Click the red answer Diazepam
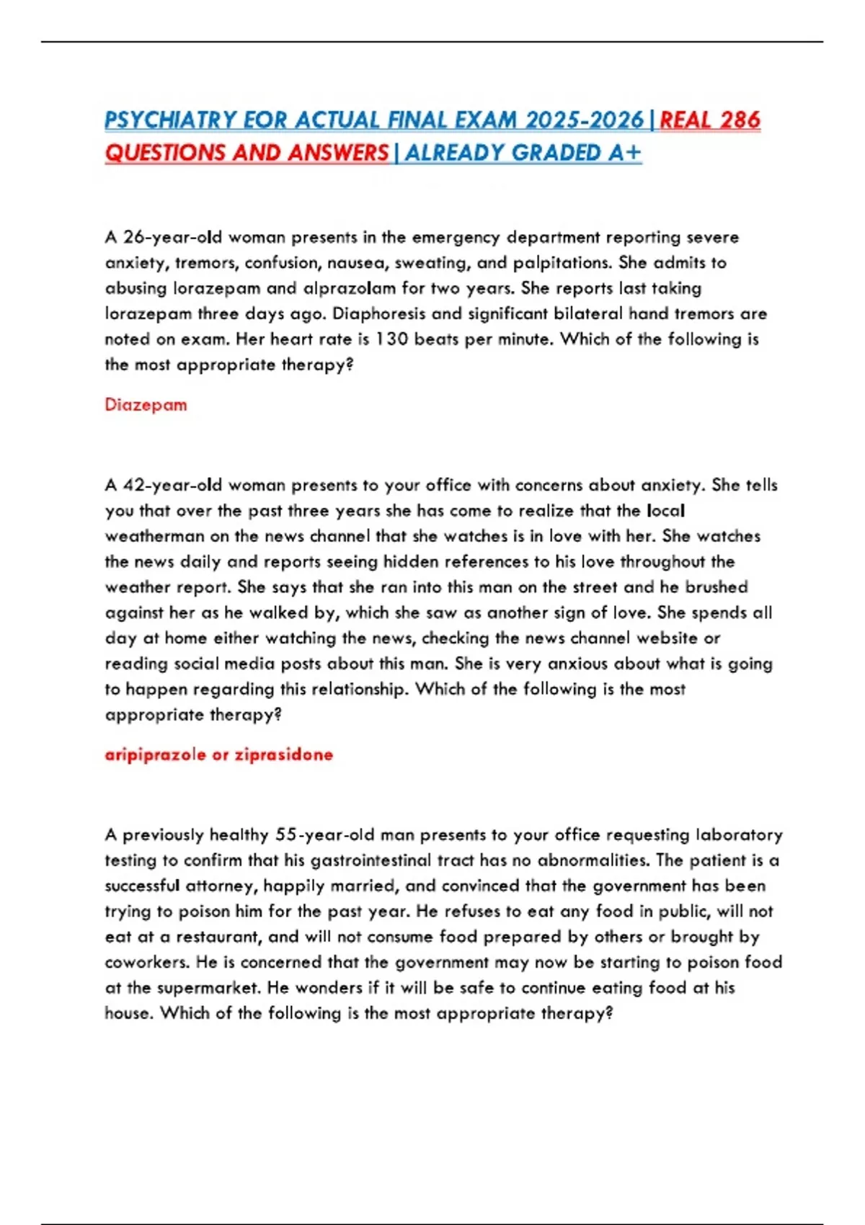point(146,405)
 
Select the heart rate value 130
point(392,339)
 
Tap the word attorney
point(221,886)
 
